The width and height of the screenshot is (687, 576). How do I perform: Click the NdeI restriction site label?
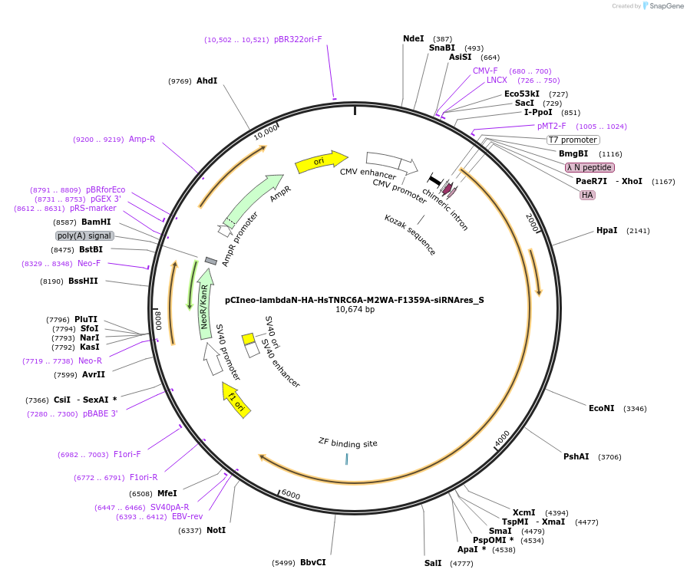click(x=413, y=38)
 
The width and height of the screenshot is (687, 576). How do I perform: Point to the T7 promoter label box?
click(x=573, y=140)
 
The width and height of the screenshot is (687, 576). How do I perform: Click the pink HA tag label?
click(x=587, y=195)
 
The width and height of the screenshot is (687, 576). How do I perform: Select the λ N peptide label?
click(x=590, y=167)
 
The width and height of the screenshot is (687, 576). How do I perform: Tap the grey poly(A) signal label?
click(x=84, y=235)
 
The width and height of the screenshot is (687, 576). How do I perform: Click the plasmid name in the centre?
click(x=355, y=300)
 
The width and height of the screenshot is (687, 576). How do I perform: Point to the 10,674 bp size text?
click(x=355, y=310)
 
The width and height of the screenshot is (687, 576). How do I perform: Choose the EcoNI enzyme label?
click(x=601, y=408)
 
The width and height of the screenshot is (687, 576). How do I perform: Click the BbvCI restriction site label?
click(x=312, y=562)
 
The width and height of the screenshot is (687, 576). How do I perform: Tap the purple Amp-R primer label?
click(x=142, y=140)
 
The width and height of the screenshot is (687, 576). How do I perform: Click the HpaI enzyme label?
click(x=606, y=230)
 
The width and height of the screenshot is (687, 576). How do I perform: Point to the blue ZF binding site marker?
click(x=346, y=458)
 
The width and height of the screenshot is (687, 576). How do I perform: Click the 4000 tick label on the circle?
click(x=502, y=439)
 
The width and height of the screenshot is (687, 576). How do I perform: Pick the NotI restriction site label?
click(x=216, y=530)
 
